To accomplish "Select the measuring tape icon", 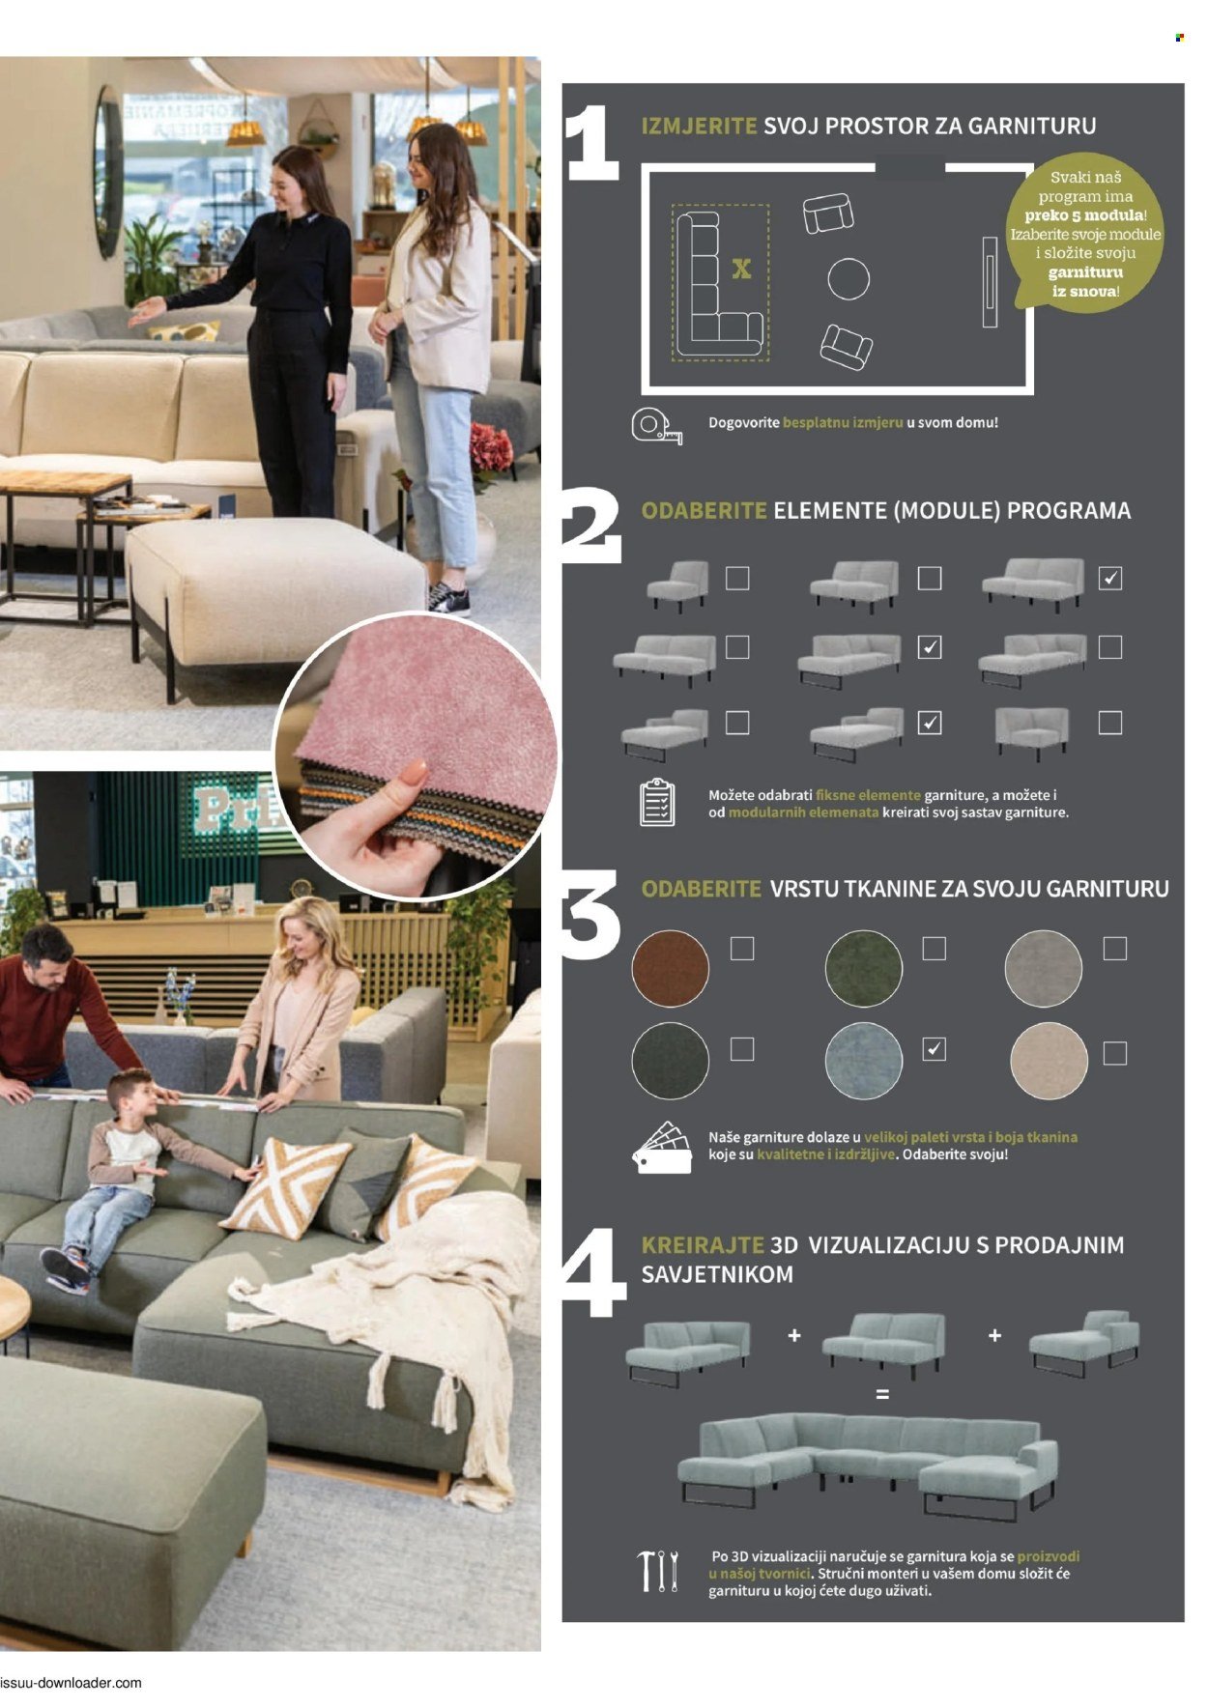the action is (x=656, y=426).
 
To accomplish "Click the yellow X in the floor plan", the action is (x=741, y=269).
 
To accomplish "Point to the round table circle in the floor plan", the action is (x=848, y=279).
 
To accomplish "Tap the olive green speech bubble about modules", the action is (x=1083, y=232).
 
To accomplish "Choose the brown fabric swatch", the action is (x=670, y=968).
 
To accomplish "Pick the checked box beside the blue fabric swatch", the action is (x=934, y=1049).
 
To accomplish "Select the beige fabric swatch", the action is (x=1049, y=1060).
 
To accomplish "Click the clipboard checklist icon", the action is (x=657, y=802).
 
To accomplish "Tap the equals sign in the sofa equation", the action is (x=881, y=1395).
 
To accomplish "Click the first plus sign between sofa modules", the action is (x=794, y=1335).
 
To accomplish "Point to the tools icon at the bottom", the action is (x=658, y=1571).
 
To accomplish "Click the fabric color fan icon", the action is (x=662, y=1147).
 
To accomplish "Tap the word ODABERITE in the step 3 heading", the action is (x=702, y=889).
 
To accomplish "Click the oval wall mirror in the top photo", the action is (x=107, y=172).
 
